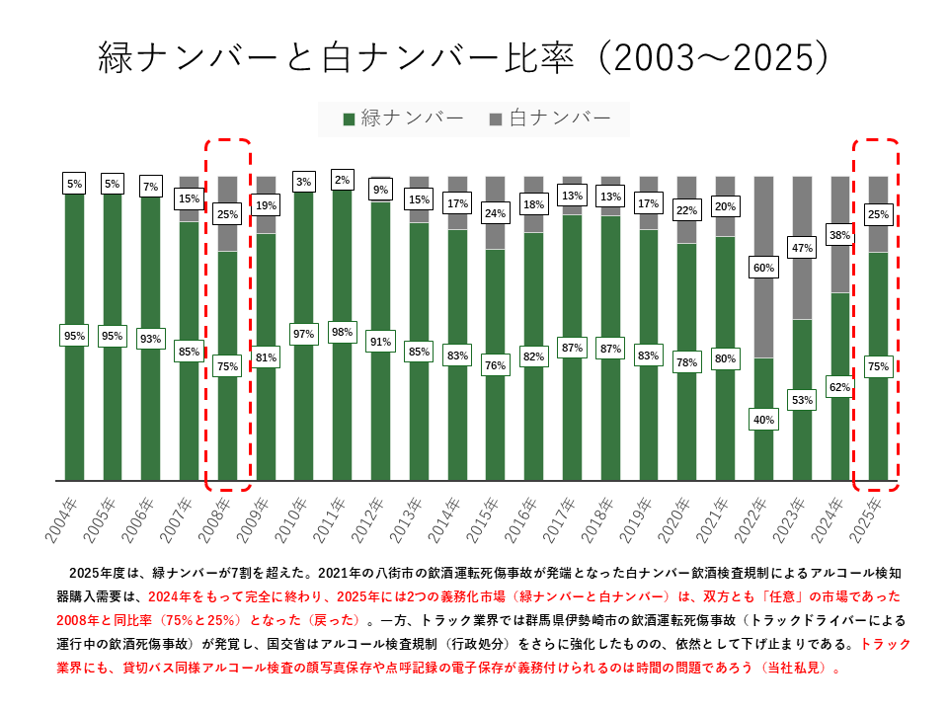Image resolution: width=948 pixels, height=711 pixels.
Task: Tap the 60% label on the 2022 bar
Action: coord(763,268)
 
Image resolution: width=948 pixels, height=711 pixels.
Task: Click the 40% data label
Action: coord(763,419)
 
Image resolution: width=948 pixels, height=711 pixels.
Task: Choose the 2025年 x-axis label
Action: coord(872,518)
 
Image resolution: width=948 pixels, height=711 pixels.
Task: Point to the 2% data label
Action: coord(343,179)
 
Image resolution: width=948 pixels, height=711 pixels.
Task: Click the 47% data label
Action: coord(802,248)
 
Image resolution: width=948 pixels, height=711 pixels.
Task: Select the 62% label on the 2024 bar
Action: coord(840,387)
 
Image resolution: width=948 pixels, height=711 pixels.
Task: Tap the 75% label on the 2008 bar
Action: coord(227,366)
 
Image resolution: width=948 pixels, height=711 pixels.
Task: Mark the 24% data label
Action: coord(496,212)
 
